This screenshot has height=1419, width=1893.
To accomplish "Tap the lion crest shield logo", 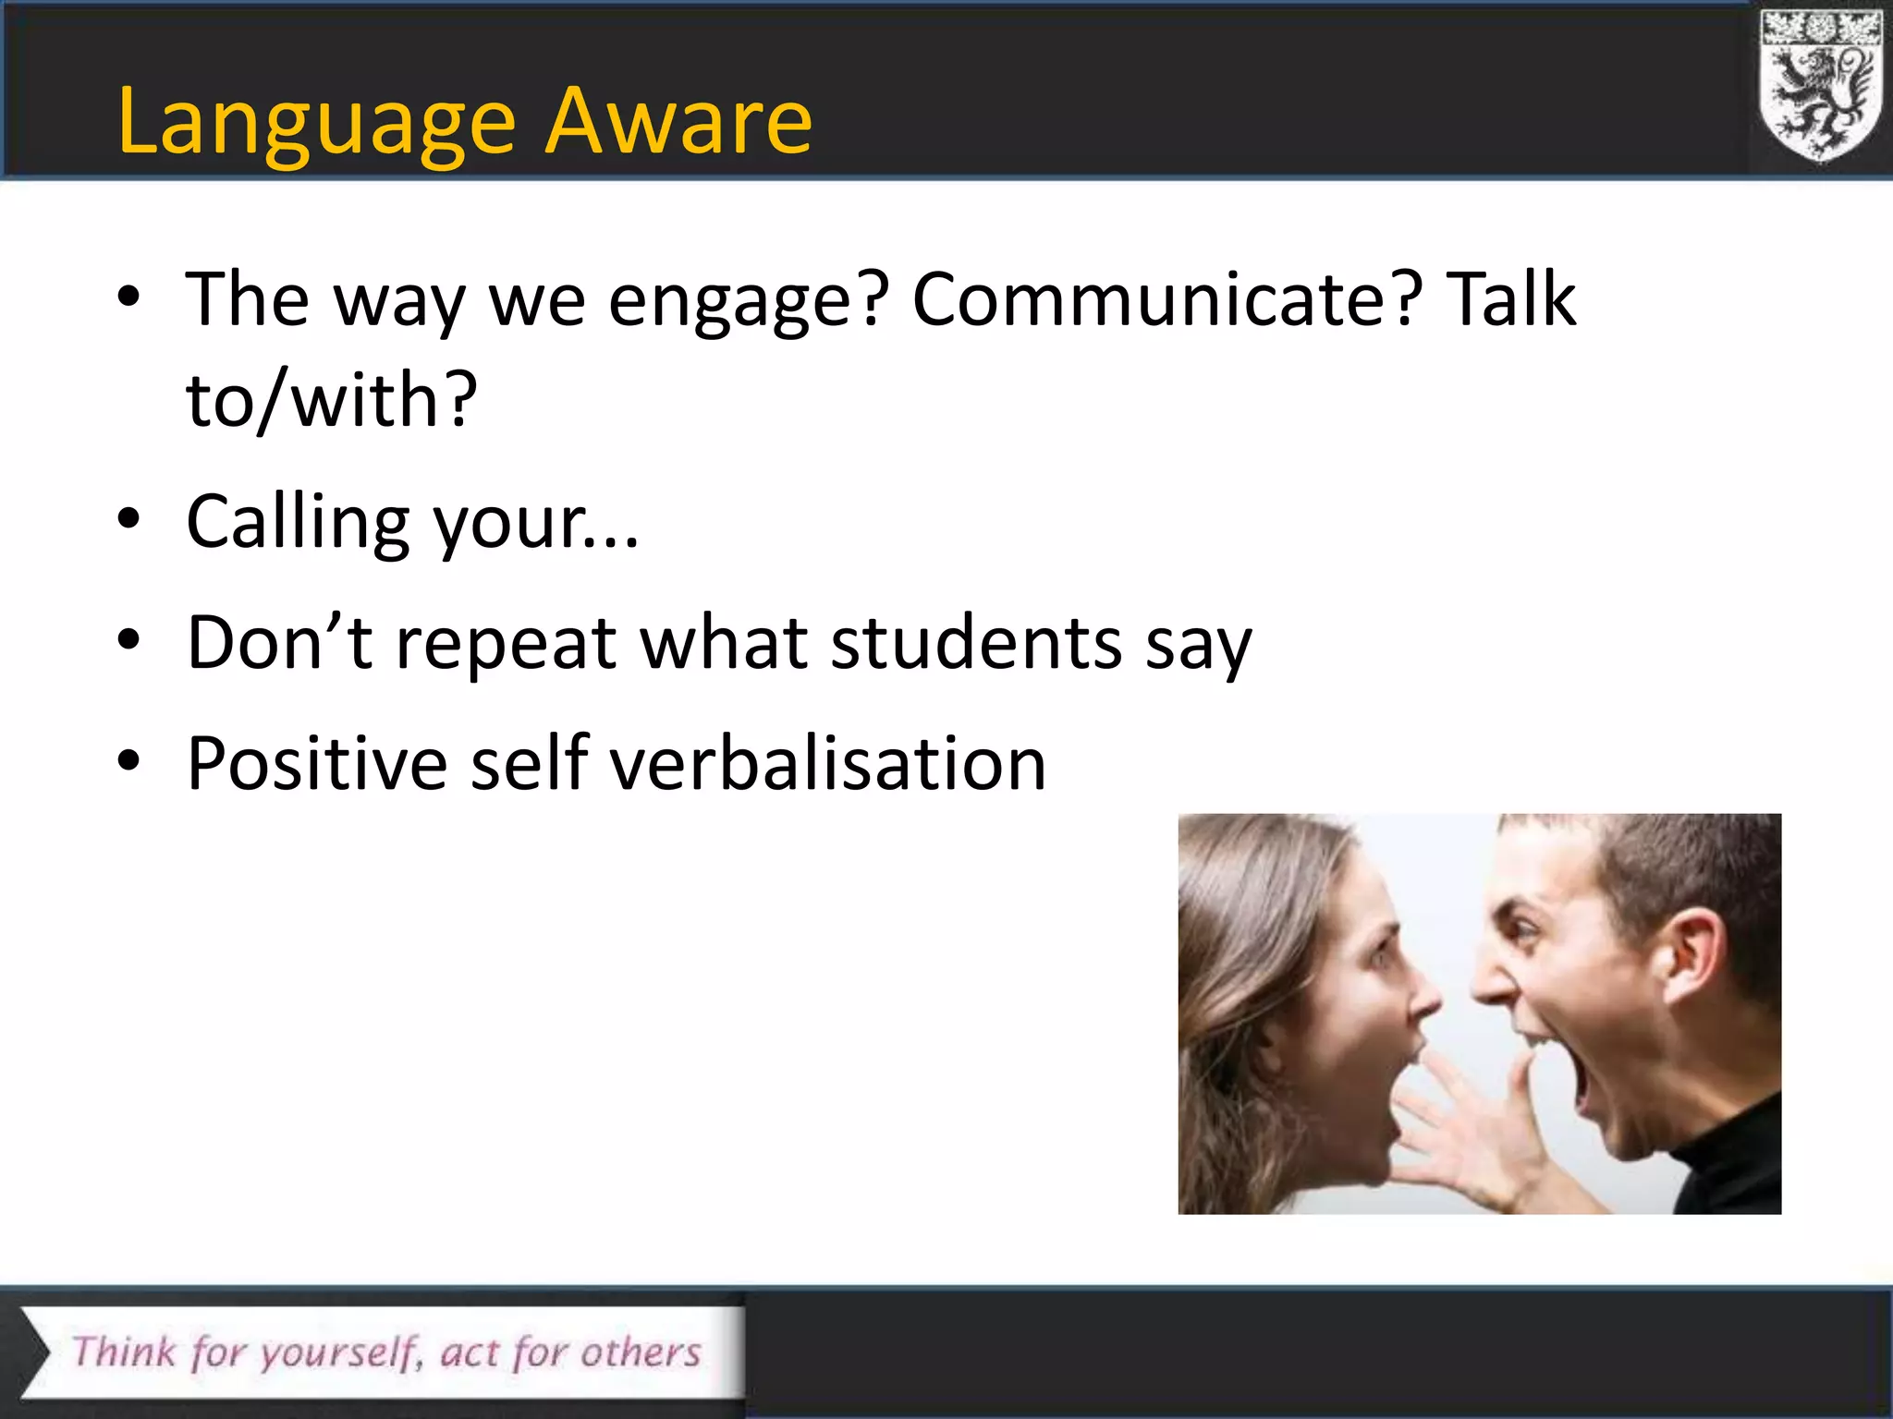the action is pyautogui.click(x=1820, y=88).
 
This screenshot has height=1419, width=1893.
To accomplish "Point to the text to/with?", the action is pyautogui.click(x=331, y=401).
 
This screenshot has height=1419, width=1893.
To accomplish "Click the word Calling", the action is pyautogui.click(x=298, y=523).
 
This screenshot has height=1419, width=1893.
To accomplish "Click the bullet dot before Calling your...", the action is pyautogui.click(x=128, y=520).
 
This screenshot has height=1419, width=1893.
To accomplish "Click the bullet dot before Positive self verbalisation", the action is pyautogui.click(x=128, y=761).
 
